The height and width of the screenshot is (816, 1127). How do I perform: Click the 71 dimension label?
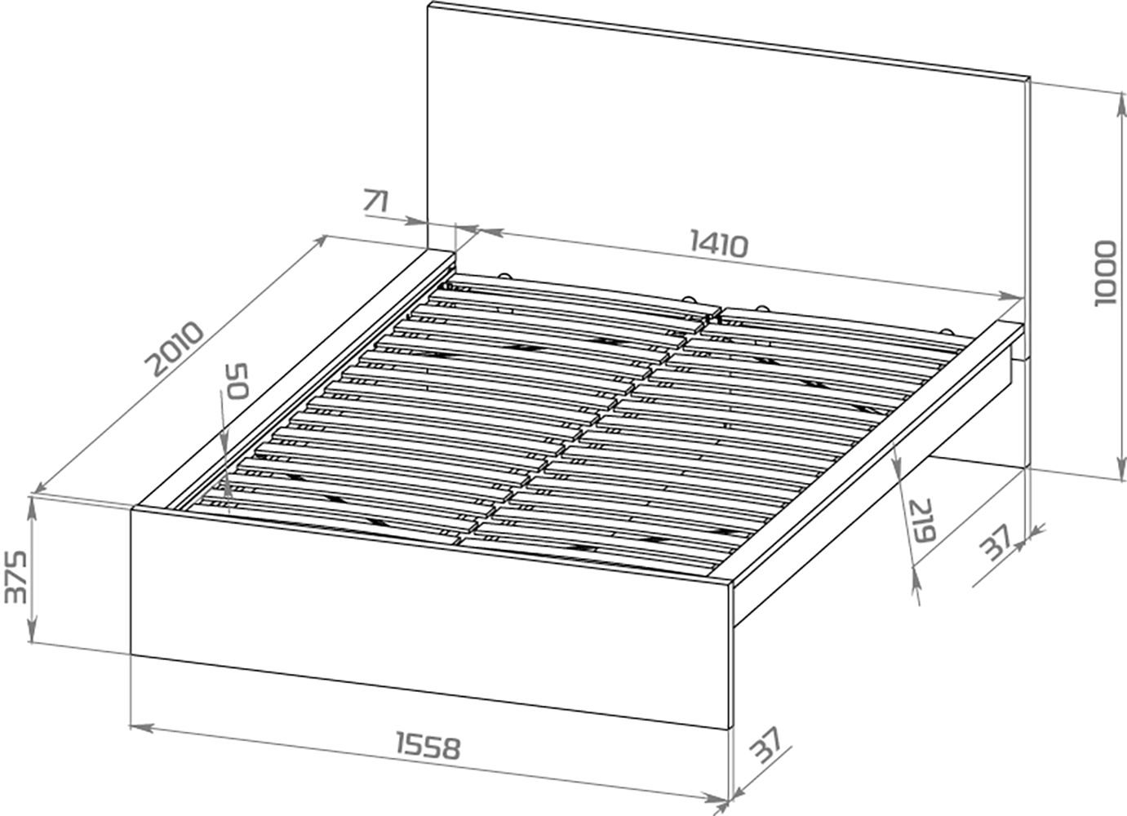coord(376,202)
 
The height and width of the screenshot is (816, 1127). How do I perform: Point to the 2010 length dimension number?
coord(174,348)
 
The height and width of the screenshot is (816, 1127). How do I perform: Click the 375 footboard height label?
coord(15,577)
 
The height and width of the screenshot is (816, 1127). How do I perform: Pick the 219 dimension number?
coord(921,520)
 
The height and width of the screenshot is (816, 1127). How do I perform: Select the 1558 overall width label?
coord(428,746)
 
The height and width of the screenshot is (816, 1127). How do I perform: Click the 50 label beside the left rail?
coord(237,381)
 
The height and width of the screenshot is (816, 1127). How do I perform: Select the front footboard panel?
coord(430,618)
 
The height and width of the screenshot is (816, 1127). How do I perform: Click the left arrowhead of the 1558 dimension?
coord(141,727)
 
